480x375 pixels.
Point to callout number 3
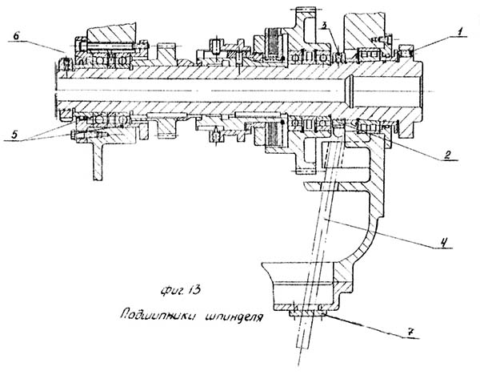coord(322,26)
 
